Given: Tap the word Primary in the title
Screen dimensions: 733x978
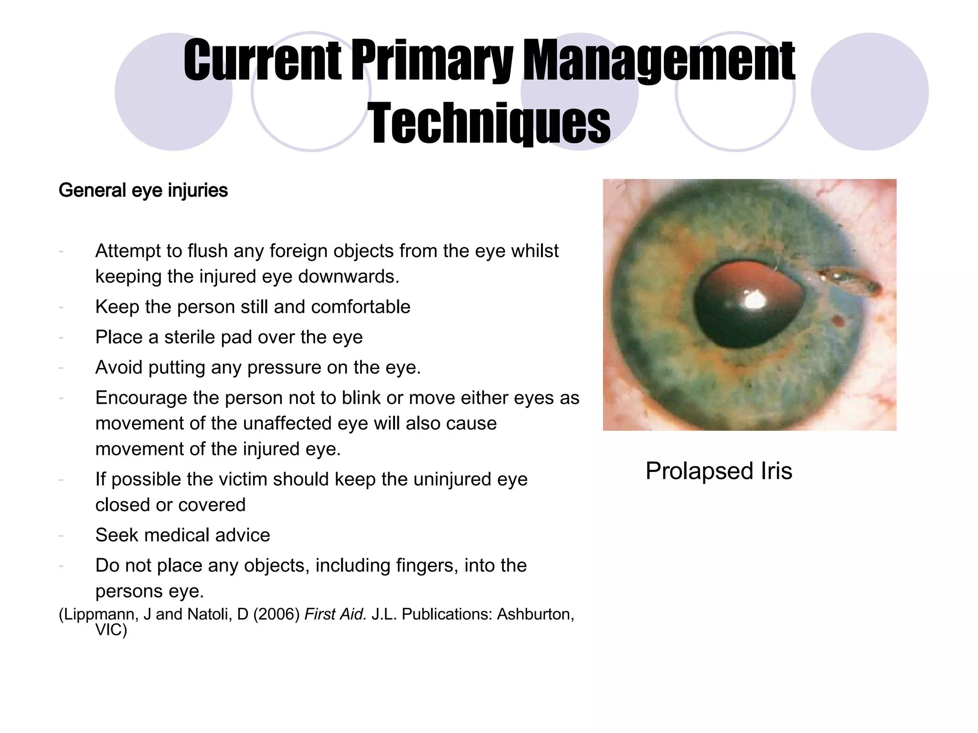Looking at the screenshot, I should point(433,61).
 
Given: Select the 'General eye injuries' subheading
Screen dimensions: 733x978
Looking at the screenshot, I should point(143,190).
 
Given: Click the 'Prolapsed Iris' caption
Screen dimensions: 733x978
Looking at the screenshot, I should point(719,471).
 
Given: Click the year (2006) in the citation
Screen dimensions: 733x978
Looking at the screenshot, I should point(276,614).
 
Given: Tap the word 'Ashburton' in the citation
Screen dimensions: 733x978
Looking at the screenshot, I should point(535,614).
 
